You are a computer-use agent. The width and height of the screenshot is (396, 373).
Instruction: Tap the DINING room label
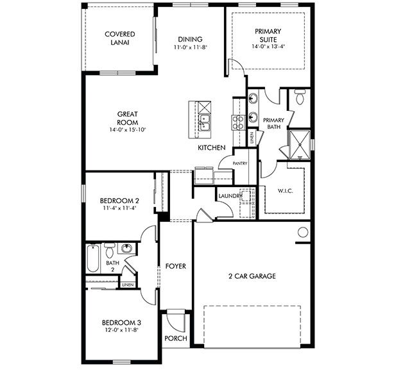click(x=190, y=38)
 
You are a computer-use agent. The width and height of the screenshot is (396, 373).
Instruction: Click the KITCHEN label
click(x=211, y=148)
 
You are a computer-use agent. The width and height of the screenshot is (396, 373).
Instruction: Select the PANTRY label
click(x=240, y=163)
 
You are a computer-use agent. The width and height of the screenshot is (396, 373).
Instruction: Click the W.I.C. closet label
click(x=285, y=190)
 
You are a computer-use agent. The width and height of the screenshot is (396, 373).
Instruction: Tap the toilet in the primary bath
click(x=300, y=98)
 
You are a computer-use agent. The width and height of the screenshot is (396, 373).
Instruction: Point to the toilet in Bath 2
click(x=108, y=249)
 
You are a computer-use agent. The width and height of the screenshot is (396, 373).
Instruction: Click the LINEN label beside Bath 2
click(x=128, y=284)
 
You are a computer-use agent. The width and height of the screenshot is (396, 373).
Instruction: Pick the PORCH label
click(x=175, y=338)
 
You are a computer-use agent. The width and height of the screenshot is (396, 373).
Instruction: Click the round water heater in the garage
click(x=302, y=233)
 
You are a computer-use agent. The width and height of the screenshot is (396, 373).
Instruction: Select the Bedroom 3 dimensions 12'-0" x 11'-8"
click(x=121, y=330)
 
